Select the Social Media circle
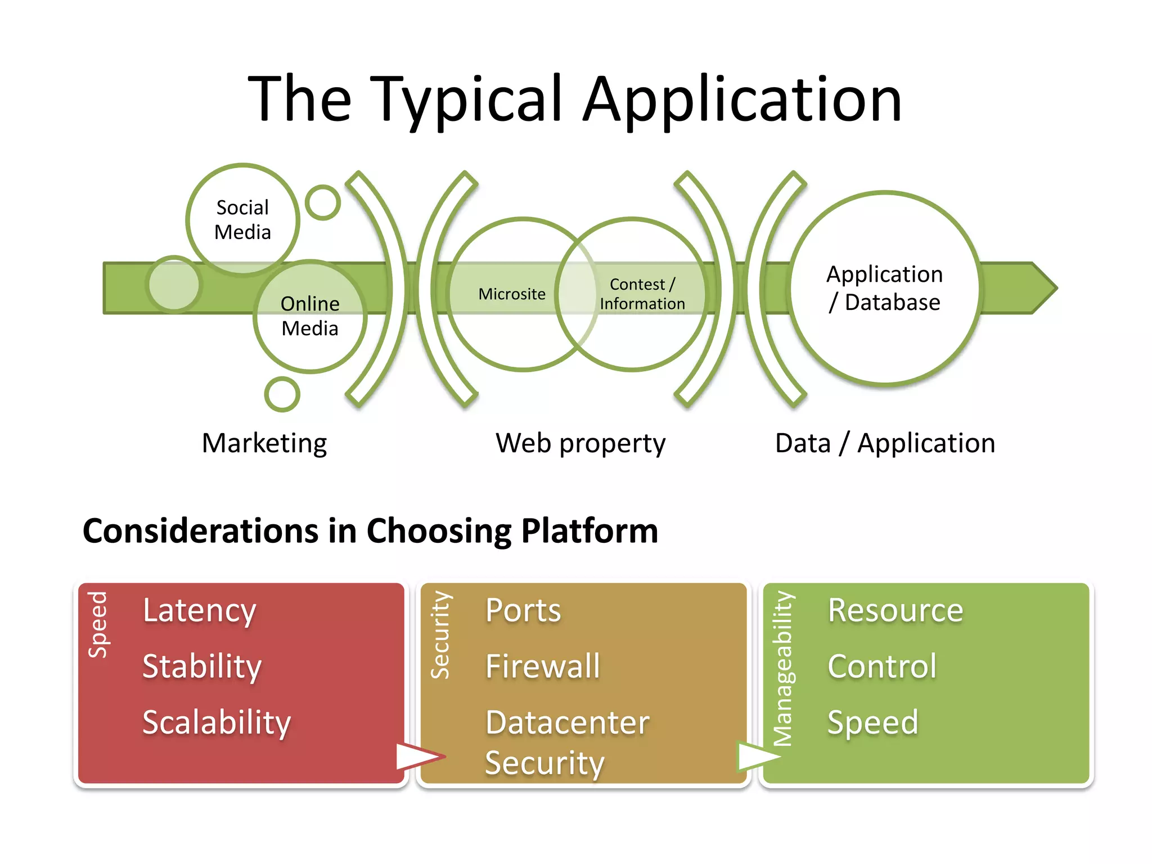[242, 220]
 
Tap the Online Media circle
[310, 316]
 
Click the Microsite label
[512, 294]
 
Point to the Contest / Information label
[642, 294]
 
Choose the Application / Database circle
[884, 288]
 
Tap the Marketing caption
[264, 443]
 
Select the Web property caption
[580, 443]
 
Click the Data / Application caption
[885, 443]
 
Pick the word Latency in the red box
[200, 611]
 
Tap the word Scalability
[217, 723]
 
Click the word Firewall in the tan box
[543, 667]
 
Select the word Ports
[523, 611]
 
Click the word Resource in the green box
[895, 611]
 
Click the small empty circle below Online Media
[282, 394]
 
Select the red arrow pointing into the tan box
[419, 757]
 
